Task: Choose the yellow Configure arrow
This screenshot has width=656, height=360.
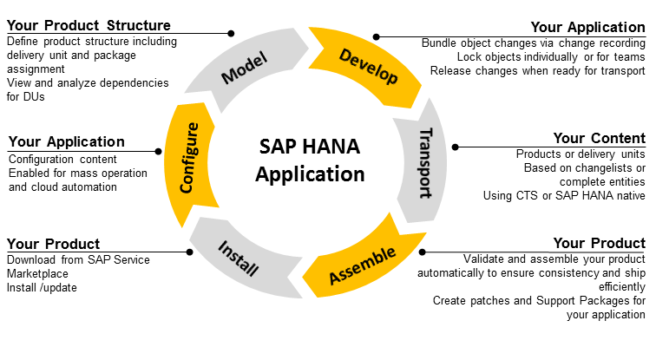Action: point(190,157)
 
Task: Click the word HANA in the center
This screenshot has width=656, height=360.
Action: point(339,148)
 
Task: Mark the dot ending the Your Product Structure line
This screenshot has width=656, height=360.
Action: point(231,34)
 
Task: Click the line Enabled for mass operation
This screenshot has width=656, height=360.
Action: point(77,173)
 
